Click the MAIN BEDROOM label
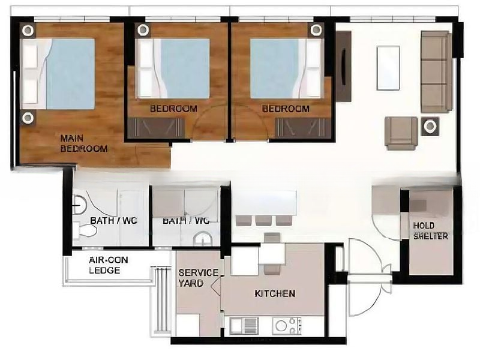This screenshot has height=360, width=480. [83, 143]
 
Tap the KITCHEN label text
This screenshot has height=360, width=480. [275, 293]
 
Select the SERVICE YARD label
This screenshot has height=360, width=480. [198, 277]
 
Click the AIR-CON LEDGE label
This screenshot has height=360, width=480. [109, 265]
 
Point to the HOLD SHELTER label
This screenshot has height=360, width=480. [430, 230]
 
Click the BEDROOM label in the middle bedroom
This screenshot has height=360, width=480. [173, 109]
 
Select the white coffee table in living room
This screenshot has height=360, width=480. [388, 68]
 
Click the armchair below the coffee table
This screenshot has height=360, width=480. [401, 133]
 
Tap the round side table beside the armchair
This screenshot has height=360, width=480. [430, 126]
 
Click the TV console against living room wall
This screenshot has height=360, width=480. [343, 66]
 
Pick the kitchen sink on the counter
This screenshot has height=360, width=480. [244, 326]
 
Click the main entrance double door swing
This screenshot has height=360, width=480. [367, 276]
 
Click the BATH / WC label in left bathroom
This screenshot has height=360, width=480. [113, 221]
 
